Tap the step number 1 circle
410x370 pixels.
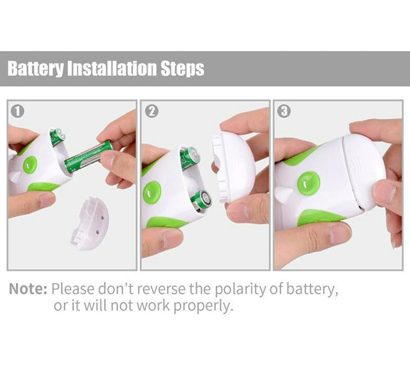[x=17, y=111]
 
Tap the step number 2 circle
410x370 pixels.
[x=151, y=111]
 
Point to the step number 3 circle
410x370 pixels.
[x=284, y=111]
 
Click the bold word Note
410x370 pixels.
[x=28, y=289]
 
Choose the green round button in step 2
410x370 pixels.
[x=151, y=193]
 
